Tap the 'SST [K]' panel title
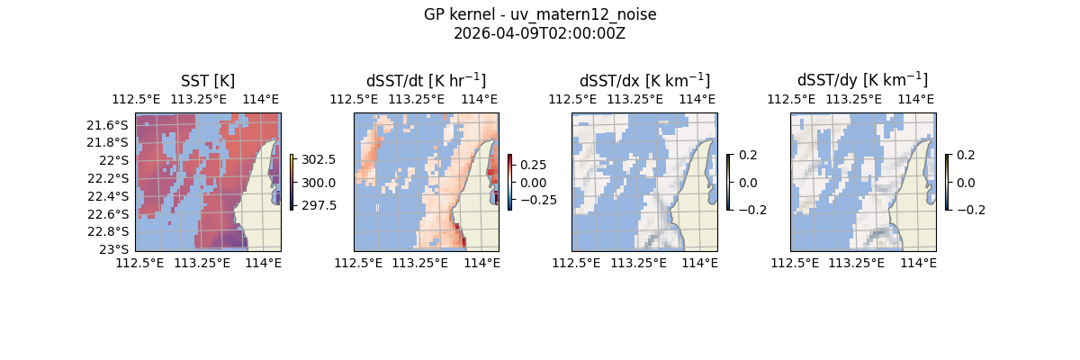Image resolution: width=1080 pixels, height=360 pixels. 208,81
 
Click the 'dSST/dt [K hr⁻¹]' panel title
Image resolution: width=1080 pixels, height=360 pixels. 426,81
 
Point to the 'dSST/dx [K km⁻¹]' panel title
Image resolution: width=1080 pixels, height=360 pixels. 644,81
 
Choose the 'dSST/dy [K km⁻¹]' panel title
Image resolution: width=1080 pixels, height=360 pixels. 862,81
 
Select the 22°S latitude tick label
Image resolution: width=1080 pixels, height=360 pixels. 117,160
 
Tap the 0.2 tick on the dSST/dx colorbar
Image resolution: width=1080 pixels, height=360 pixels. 749,155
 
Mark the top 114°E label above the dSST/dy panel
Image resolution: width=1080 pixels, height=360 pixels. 916,99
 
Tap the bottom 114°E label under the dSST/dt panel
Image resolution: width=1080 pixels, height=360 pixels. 481,263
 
